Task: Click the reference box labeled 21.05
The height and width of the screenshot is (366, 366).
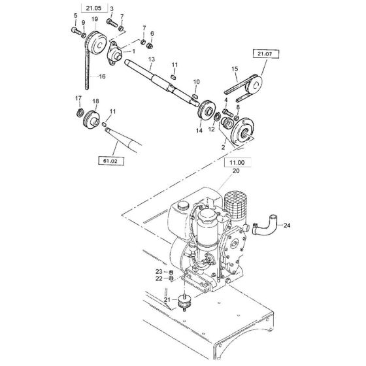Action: point(94,8)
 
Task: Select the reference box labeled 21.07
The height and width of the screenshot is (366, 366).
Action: point(265,54)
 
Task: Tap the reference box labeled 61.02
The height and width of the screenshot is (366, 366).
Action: point(111,161)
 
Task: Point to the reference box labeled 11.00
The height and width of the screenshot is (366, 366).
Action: point(237,163)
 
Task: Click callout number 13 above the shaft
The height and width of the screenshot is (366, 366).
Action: point(152,59)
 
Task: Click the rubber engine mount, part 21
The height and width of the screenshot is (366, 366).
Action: point(184,303)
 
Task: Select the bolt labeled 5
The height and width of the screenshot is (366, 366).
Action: point(76,30)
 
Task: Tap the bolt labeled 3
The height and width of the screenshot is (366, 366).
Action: point(112,23)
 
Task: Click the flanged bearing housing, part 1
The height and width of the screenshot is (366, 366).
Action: point(114,54)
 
